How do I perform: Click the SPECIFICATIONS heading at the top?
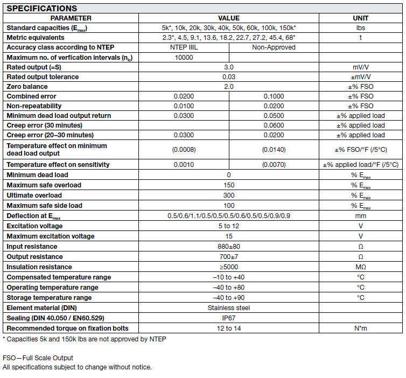click(41, 8)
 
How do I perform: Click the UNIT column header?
click(360, 18)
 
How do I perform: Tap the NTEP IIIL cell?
click(184, 47)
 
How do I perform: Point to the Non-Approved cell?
click(274, 47)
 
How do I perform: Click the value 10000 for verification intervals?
click(184, 57)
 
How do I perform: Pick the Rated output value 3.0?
click(229, 67)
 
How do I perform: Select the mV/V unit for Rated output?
click(360, 67)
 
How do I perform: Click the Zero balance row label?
click(27, 87)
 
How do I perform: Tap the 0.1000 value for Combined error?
click(274, 96)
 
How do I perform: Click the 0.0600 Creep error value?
click(274, 125)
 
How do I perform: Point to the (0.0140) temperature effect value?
click(274, 150)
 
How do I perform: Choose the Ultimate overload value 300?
click(229, 195)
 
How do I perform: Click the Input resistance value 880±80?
click(229, 247)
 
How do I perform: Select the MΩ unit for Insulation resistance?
click(360, 267)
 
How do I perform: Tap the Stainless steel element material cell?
click(229, 308)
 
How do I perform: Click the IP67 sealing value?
click(229, 318)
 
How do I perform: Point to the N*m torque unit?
click(360, 328)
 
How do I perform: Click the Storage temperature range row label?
click(49, 298)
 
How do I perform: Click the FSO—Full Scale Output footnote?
click(38, 358)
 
